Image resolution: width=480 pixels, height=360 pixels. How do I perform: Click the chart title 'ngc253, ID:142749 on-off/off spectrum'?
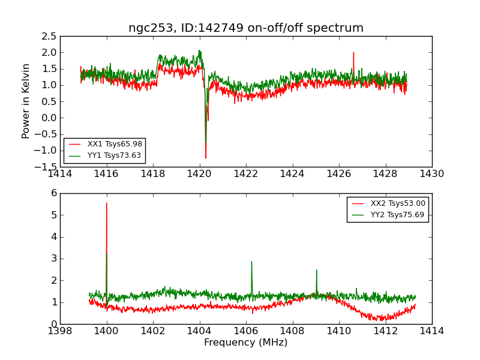point(246,28)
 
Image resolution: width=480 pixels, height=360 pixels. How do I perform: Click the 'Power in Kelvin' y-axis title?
point(26,101)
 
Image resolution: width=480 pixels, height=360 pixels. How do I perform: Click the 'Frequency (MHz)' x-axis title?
point(246,343)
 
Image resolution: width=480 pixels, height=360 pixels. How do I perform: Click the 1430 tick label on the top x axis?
point(432,174)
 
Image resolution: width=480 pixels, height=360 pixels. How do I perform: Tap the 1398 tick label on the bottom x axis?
point(60,331)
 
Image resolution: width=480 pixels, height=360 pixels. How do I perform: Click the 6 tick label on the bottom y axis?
point(53,193)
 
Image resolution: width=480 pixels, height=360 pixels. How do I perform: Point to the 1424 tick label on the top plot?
point(292,174)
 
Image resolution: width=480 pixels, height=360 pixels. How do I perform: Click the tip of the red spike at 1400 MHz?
point(107,203)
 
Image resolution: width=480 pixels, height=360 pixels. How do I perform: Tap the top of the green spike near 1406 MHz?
point(251,261)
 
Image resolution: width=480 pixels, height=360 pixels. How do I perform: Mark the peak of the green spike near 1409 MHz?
point(316,270)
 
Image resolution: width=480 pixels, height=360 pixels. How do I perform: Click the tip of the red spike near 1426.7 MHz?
point(353,53)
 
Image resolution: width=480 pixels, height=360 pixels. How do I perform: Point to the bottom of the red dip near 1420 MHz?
point(206,158)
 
